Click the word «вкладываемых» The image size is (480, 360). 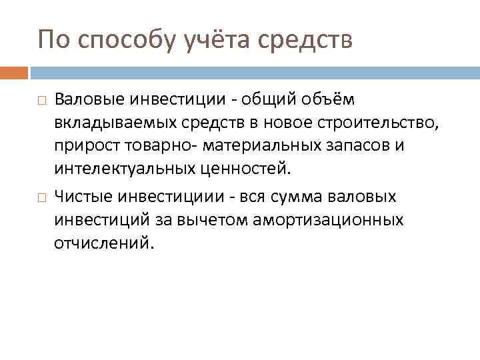(x=110, y=123)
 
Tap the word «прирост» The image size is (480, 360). (x=82, y=146)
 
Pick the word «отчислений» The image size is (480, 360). (x=103, y=243)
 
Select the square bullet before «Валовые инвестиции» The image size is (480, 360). (x=41, y=101)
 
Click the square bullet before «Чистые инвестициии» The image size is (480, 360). (x=41, y=198)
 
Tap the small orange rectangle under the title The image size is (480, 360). (x=14, y=71)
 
